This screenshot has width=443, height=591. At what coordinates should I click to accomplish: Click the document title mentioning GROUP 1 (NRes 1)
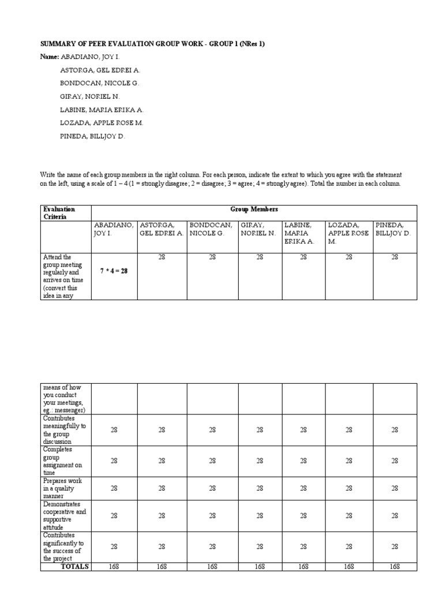(152, 44)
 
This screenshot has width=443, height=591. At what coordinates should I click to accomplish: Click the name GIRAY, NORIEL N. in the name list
(90, 96)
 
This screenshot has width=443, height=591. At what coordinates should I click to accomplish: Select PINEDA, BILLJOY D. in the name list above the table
(92, 137)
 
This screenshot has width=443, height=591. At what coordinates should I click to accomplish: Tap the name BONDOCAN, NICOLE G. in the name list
(99, 83)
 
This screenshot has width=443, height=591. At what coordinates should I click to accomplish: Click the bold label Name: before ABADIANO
(50, 57)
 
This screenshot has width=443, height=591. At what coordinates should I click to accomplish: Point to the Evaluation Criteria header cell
(59, 213)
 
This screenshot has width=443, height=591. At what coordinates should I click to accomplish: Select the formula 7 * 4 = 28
(114, 270)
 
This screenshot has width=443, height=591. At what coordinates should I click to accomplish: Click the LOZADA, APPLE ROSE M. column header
(348, 233)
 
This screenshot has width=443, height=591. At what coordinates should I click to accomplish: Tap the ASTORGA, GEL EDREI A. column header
(161, 229)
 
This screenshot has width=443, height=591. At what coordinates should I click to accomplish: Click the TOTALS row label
(75, 567)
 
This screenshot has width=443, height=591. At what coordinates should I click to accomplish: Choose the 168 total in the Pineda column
(395, 567)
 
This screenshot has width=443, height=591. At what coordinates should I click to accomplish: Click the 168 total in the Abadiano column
(114, 567)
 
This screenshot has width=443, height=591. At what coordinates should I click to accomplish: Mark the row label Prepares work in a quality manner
(63, 488)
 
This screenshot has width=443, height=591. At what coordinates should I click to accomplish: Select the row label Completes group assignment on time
(63, 461)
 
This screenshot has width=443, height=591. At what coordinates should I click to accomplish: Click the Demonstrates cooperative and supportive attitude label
(64, 515)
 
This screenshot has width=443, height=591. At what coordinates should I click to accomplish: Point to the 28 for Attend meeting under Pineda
(395, 257)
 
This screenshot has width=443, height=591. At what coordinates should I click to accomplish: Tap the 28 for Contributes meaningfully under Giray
(260, 430)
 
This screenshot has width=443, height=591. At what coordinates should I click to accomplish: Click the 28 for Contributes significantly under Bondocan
(212, 547)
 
